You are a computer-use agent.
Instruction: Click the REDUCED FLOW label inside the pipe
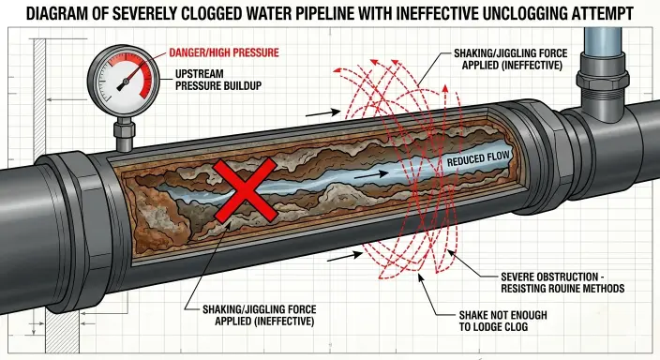pos(479,161)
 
